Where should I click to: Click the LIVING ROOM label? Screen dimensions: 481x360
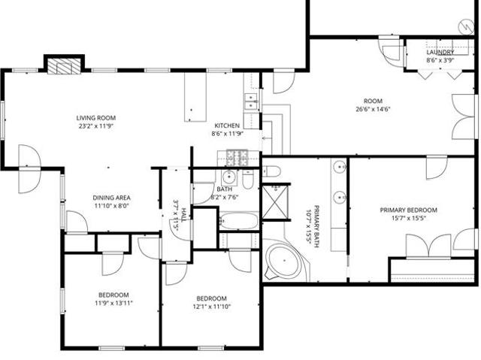point(96,118)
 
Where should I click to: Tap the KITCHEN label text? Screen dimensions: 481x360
point(227,126)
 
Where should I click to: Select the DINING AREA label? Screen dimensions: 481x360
point(112,198)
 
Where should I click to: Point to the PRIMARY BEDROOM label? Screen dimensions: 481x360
point(409,210)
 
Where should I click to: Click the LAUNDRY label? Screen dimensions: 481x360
point(440,52)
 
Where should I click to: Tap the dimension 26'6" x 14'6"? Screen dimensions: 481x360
point(373,109)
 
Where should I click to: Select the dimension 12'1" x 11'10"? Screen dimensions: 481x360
point(212,307)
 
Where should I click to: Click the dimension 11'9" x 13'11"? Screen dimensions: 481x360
point(113,304)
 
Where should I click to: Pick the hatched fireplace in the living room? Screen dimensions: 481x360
point(64,66)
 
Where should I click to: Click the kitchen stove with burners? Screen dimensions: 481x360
point(237,157)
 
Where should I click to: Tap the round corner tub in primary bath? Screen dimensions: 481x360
point(284,261)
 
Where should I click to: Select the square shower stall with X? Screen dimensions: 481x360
point(275,202)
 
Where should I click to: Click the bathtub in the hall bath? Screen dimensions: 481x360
point(239,221)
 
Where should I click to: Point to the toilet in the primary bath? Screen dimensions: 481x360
point(272,171)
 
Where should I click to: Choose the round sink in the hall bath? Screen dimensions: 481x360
point(228,177)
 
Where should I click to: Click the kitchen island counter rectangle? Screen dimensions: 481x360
point(195,97)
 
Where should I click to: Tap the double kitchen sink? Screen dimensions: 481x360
point(251,101)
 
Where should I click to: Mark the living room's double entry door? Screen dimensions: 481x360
point(29,169)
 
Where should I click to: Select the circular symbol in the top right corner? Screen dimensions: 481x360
point(466,26)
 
